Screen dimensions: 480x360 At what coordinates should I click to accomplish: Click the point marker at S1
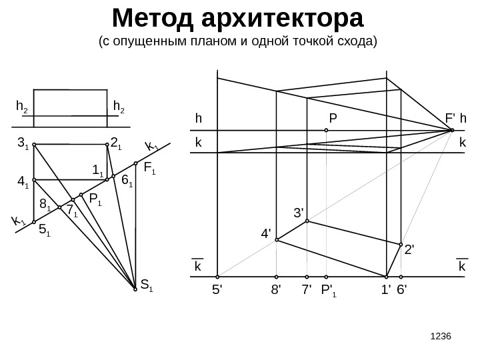pyautogui.click(x=135, y=289)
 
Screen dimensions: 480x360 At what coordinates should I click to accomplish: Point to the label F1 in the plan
pyautogui.click(x=149, y=172)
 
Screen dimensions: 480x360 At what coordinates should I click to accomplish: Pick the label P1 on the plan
pyautogui.click(x=95, y=199)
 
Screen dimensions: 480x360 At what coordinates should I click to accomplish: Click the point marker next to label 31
pyautogui.click(x=34, y=144)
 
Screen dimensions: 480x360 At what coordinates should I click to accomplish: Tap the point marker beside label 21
pyautogui.click(x=107, y=144)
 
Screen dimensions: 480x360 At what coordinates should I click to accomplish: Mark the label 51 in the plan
pyautogui.click(x=45, y=231)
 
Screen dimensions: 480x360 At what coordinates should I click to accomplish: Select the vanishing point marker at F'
pyautogui.click(x=452, y=130)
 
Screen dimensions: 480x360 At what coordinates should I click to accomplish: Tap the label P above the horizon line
pyautogui.click(x=333, y=119)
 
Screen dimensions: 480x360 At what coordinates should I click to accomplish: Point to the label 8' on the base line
pyautogui.click(x=276, y=291)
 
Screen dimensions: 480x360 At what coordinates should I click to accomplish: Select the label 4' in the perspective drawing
pyautogui.click(x=266, y=234)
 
